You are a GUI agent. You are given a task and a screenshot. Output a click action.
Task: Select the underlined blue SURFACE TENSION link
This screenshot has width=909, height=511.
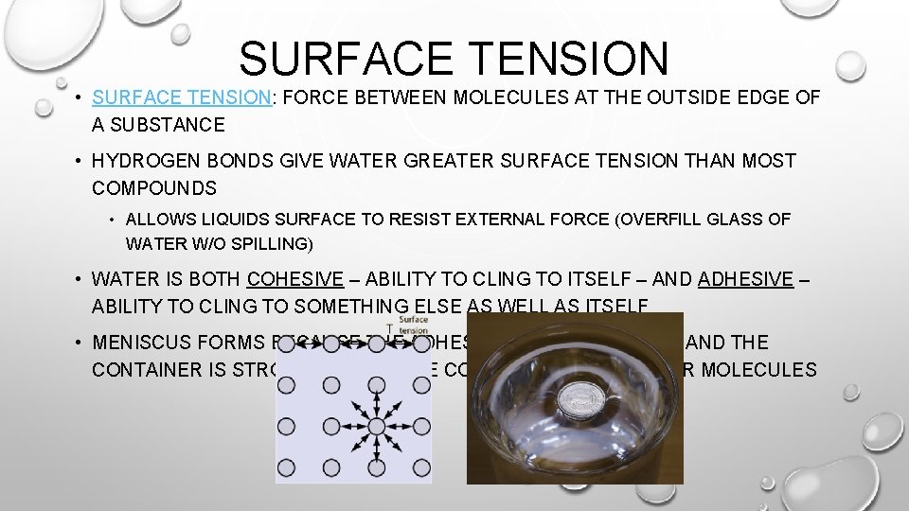tap(182, 97)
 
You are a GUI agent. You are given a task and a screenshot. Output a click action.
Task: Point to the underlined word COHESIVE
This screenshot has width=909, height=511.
tap(294, 279)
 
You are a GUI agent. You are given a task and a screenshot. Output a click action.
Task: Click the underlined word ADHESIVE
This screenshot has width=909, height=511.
tap(745, 279)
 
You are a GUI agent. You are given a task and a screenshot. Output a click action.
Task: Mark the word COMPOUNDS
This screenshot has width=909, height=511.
tap(154, 188)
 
